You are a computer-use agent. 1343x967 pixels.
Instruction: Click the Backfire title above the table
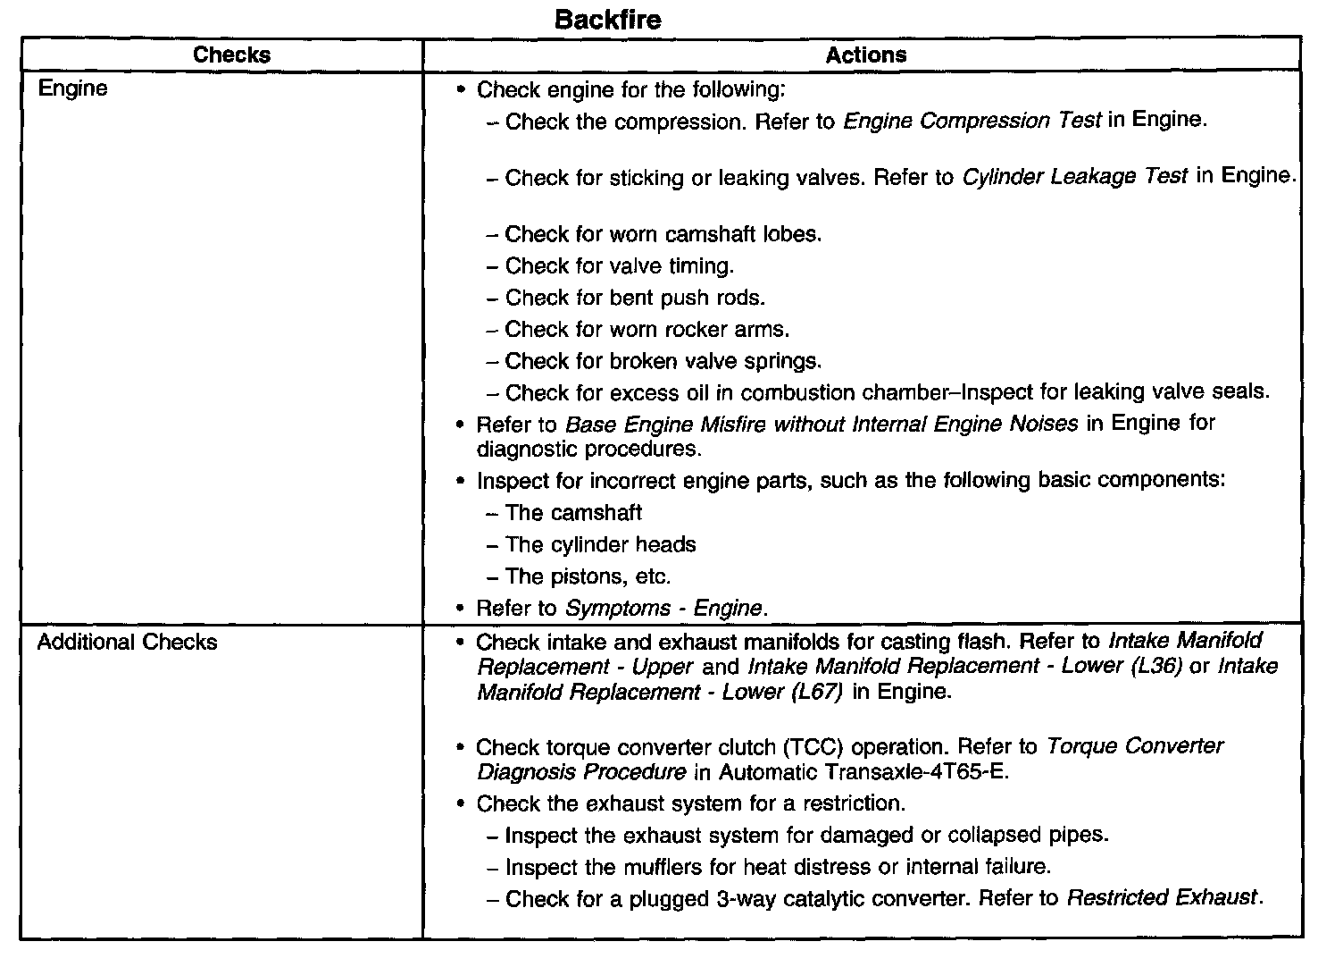[x=607, y=19]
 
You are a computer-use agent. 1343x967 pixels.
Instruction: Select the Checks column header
[x=231, y=55]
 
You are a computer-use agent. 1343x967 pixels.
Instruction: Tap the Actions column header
[x=865, y=55]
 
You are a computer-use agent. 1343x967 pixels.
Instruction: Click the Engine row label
[x=72, y=88]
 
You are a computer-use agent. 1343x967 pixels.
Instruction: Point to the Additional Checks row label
[x=127, y=642]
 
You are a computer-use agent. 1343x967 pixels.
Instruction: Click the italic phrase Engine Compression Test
[x=972, y=121]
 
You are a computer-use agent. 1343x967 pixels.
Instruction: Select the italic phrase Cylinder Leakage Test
[x=1074, y=177]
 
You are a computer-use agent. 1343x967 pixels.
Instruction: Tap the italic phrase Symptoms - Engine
[x=664, y=609]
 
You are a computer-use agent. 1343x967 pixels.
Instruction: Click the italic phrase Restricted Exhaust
[x=1163, y=898]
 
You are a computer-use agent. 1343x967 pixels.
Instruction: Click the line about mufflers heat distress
[x=778, y=867]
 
